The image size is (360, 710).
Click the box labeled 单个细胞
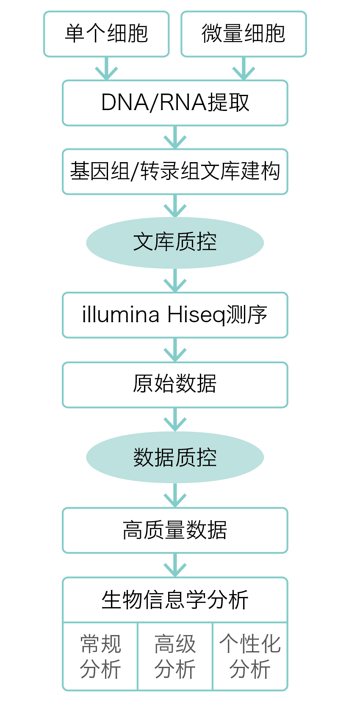point(106,34)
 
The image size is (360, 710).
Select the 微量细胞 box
point(244,34)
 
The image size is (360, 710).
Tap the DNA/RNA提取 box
point(175,103)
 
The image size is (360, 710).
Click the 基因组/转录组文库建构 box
point(175,172)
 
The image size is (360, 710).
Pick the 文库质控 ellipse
point(175,243)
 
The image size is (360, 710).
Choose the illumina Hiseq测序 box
point(175,315)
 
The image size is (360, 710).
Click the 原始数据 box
point(175,384)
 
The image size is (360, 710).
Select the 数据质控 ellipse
point(175,457)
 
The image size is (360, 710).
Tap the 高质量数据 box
point(175,530)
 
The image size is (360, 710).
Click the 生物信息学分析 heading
point(175,600)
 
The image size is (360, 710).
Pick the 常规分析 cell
point(100,656)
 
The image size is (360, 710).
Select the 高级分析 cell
point(175,656)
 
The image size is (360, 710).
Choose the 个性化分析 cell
point(250,656)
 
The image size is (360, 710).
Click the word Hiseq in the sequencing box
point(196,315)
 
